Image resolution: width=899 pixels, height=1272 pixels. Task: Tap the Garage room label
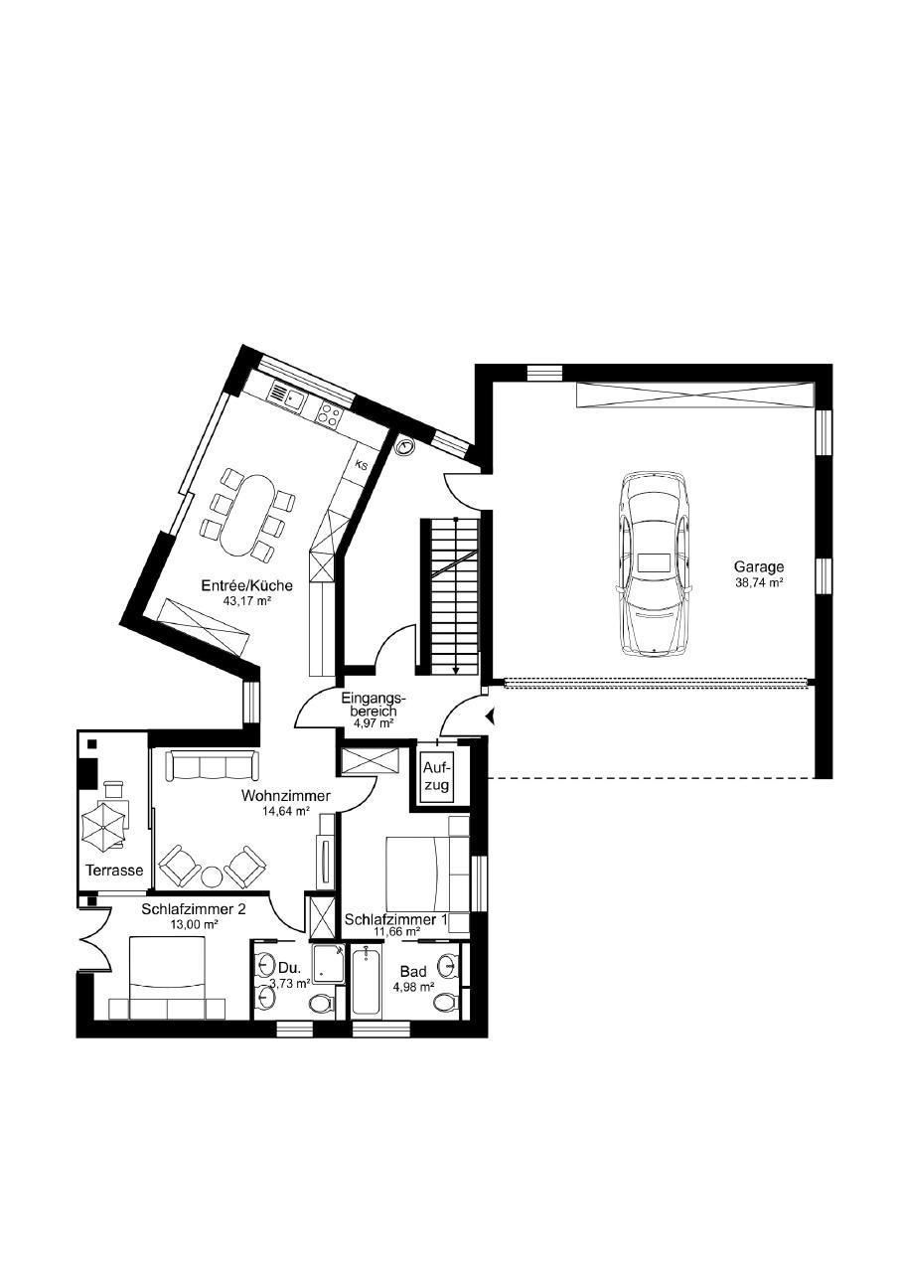click(759, 566)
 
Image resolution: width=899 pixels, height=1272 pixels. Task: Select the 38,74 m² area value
click(759, 581)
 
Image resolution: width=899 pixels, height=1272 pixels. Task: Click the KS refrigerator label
click(362, 466)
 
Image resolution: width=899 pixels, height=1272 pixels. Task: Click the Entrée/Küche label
click(247, 585)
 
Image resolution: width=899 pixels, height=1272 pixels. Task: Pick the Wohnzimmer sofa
click(212, 765)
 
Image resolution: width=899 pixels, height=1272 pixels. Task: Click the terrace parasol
click(103, 827)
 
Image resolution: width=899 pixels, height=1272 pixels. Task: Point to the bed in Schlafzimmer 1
click(427, 874)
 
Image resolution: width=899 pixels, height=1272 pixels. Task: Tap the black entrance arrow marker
click(491, 717)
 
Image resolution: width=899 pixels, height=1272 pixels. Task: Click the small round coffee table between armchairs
click(213, 876)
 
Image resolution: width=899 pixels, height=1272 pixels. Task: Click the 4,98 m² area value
click(414, 987)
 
